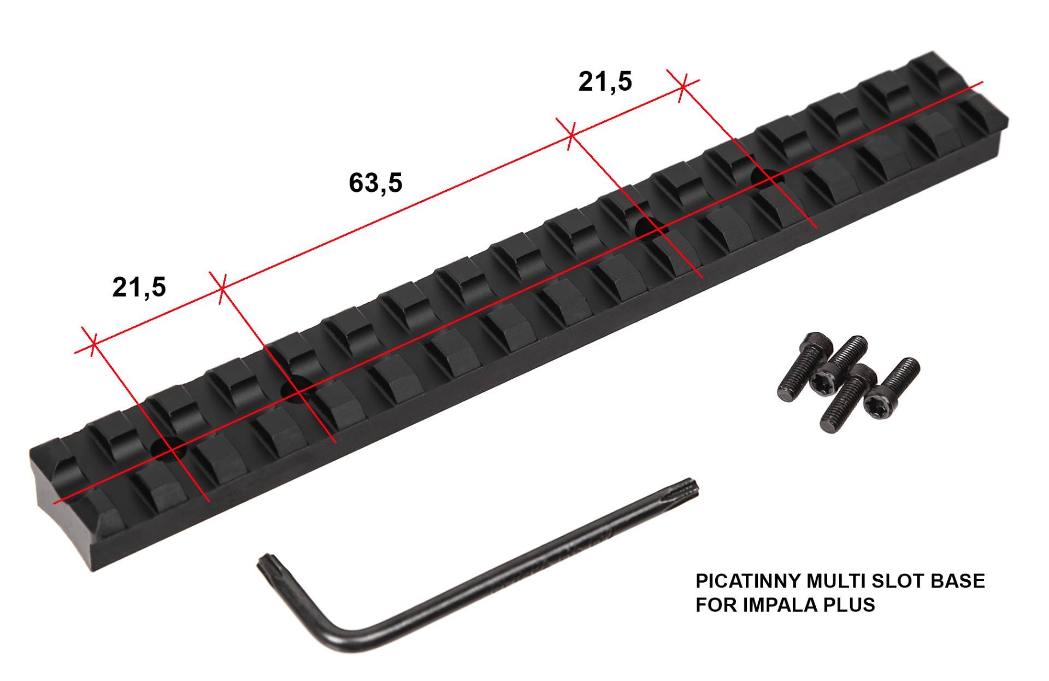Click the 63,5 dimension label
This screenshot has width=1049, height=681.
tap(375, 183)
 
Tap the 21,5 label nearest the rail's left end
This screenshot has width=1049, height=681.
tap(139, 287)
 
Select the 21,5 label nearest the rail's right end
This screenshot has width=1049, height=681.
tap(605, 81)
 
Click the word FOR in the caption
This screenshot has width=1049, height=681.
tap(716, 604)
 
